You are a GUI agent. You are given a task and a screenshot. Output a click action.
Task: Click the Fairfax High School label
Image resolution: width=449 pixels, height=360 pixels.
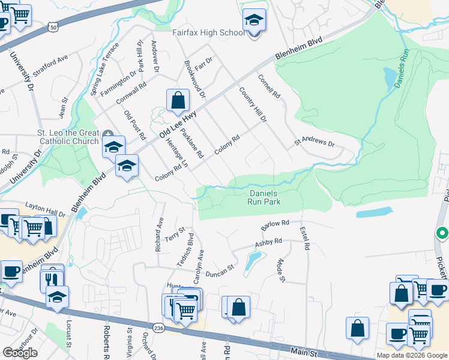pyautogui.click(x=208, y=32)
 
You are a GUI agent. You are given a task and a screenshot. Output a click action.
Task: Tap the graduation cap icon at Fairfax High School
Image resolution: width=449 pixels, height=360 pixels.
pyautogui.click(x=254, y=22)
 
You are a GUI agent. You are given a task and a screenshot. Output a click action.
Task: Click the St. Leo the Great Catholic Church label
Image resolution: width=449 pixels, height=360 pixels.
pyautogui.click(x=60, y=137)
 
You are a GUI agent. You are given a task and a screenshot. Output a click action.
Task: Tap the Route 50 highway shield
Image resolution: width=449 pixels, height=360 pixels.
pyautogui.click(x=54, y=28)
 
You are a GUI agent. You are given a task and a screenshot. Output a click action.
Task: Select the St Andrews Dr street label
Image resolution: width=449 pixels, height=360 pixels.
pyautogui.click(x=313, y=143)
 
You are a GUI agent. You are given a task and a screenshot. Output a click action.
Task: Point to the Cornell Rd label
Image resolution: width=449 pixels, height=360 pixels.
pyautogui.click(x=269, y=87)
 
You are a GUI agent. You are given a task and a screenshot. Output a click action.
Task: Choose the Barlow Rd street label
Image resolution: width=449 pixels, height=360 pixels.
pyautogui.click(x=276, y=226)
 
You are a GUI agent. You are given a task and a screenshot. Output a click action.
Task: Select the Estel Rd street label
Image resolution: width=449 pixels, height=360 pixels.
pyautogui.click(x=306, y=238)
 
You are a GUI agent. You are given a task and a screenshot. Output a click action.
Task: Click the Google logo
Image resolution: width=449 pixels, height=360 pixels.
pyautogui.click(x=20, y=353)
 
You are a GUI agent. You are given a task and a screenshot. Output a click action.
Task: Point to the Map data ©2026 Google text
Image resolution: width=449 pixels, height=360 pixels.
pyautogui.click(x=412, y=355)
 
